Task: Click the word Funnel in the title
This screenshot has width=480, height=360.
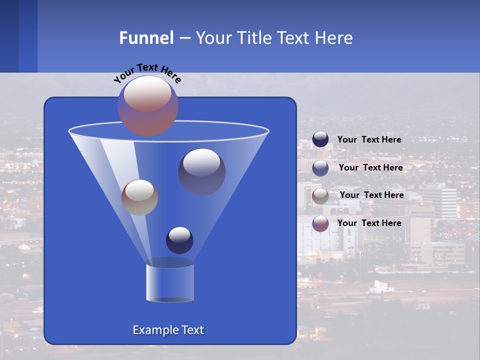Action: pos(146,38)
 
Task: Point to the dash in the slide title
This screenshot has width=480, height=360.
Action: pos(184,38)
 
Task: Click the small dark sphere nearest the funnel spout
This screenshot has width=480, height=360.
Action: pos(179,240)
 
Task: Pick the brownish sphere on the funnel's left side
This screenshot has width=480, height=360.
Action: pos(139,197)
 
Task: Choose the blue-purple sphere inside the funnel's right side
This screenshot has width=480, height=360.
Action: pos(201,172)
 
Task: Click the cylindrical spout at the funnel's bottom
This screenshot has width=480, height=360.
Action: pos(170,281)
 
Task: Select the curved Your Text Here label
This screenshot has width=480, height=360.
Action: pos(146,73)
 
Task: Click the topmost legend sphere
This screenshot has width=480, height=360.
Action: pos(320,139)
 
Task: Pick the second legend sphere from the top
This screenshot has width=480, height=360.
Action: pos(320,167)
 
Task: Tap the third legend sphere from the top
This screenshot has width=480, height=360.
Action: pos(320,195)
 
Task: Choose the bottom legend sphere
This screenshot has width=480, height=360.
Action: pos(320,223)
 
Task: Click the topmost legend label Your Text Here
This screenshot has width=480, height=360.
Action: pos(369,139)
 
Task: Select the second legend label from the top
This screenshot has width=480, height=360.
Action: pos(370,167)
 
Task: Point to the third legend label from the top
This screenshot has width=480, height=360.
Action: pos(371,195)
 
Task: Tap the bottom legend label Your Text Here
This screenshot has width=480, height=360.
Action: pos(369,223)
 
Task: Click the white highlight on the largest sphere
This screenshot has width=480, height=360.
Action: pos(147,93)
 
